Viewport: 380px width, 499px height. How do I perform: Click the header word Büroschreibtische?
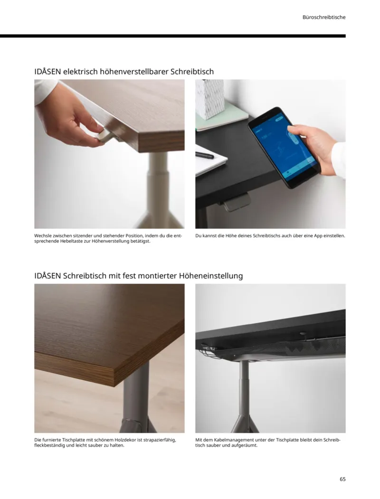[x=323, y=17]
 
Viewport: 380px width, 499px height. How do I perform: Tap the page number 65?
[x=342, y=479]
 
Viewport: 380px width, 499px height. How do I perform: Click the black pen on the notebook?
[x=205, y=155]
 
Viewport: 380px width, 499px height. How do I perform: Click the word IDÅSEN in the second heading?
[x=47, y=276]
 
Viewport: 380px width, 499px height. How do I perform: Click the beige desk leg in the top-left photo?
[x=157, y=190]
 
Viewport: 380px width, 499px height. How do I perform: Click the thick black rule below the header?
[x=173, y=36]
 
